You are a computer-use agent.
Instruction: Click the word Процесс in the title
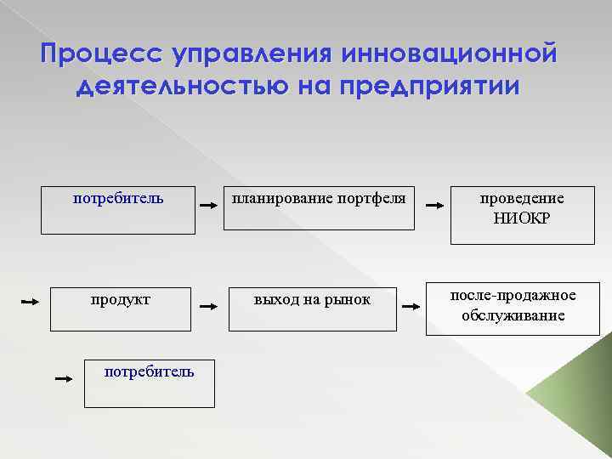[x=101, y=55]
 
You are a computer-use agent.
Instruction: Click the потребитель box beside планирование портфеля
[x=118, y=208]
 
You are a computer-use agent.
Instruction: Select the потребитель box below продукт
[x=149, y=382]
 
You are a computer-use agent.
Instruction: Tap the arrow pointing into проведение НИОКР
[x=433, y=206]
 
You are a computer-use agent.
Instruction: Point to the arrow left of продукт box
[x=30, y=302]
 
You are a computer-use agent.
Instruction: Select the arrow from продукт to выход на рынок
[x=207, y=304]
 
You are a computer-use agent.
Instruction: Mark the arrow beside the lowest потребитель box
[x=63, y=379]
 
